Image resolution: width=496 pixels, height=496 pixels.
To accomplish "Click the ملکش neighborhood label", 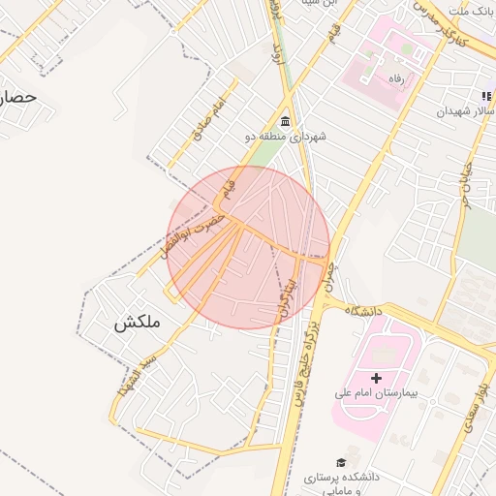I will click(137, 323).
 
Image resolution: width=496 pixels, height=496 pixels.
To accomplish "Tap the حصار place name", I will click(17, 98).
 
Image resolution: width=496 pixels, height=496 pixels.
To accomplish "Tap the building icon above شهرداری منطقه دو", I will click(285, 121).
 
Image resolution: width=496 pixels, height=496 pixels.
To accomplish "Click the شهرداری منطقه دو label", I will click(285, 137).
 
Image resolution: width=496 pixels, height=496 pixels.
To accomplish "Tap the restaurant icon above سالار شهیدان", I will click(487, 96).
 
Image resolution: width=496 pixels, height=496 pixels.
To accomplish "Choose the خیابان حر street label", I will click(465, 184).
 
